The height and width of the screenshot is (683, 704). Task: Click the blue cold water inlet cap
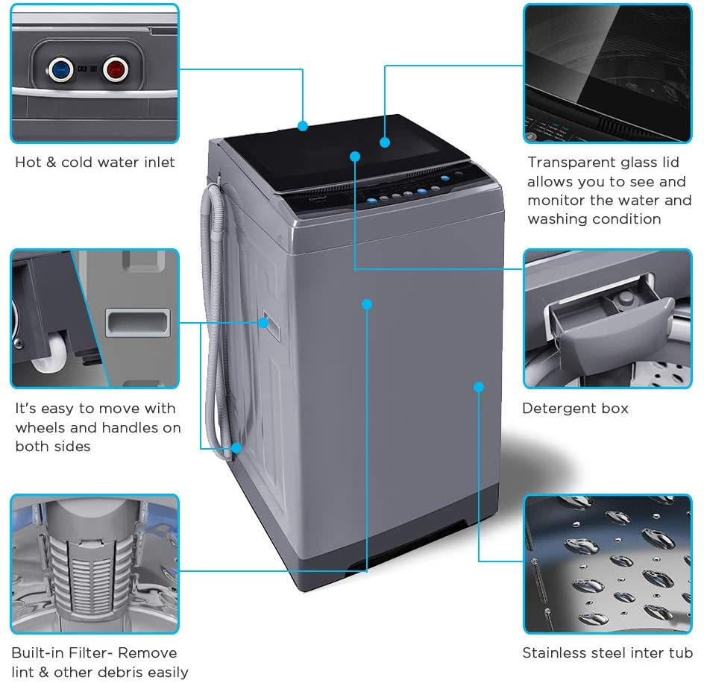click(x=60, y=71)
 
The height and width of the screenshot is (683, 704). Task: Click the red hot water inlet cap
click(x=115, y=70)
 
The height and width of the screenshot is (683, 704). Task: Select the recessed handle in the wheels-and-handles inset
click(x=137, y=322)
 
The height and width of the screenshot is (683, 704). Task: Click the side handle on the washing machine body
click(x=265, y=322)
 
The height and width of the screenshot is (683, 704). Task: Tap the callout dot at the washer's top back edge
click(x=303, y=126)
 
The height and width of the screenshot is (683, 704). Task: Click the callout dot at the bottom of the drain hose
click(x=236, y=448)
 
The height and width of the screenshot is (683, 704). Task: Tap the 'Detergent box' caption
click(x=575, y=409)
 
